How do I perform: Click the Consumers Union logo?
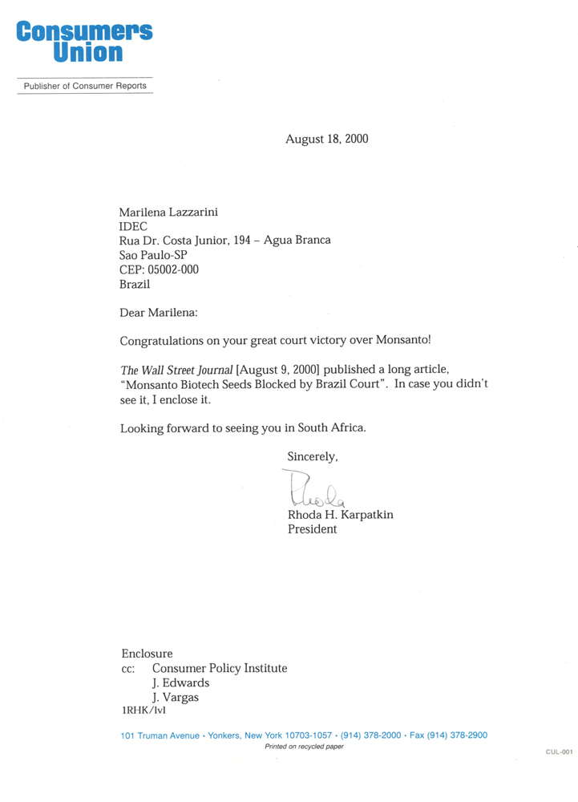click(x=83, y=43)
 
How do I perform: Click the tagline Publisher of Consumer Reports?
click(x=85, y=86)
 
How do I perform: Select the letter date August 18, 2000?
click(x=326, y=139)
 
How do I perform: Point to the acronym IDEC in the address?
click(x=133, y=226)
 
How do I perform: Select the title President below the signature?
click(x=312, y=529)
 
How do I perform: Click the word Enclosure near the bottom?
click(x=147, y=654)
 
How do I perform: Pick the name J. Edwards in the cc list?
click(x=180, y=683)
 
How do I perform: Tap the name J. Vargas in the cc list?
click(x=176, y=697)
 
